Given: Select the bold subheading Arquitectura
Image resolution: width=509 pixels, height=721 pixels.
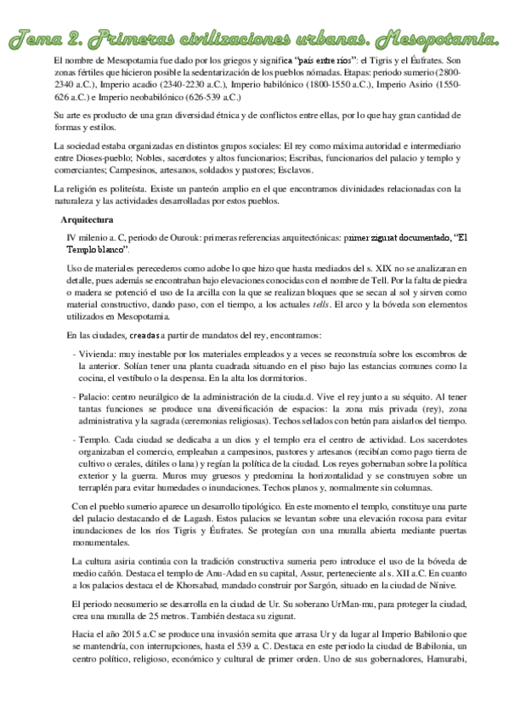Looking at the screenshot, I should click(88, 220).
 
